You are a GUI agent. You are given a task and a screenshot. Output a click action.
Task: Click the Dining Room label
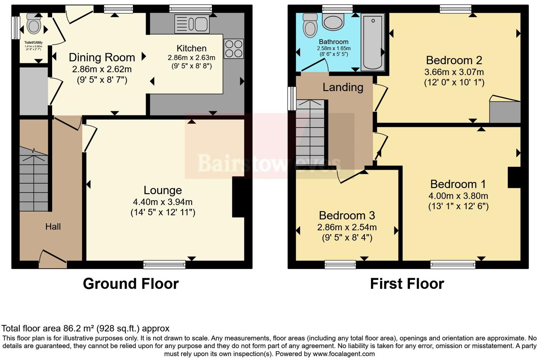tap(102, 57)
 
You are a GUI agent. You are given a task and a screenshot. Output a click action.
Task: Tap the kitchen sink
tap(192, 24)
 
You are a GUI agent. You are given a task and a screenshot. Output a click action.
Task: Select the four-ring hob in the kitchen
tap(234, 49)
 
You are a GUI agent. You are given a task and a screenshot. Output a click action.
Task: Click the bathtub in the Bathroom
tap(373, 42)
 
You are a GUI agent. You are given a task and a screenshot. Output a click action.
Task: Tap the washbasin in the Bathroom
tap(333, 22)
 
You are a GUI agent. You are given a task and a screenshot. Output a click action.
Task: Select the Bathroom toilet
tap(310, 25)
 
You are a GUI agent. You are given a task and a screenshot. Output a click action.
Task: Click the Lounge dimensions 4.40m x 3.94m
tap(162, 202)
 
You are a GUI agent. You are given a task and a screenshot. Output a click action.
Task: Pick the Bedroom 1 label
tap(458, 184)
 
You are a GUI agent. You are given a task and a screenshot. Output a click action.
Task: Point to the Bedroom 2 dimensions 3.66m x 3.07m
tap(454, 72)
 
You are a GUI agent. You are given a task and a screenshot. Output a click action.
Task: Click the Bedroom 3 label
tap(347, 215)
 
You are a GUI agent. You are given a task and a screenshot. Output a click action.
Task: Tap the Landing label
tap(343, 87)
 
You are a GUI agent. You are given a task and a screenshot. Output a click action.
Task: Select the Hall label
tap(53, 227)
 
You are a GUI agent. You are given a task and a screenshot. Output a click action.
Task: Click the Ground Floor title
tap(130, 284)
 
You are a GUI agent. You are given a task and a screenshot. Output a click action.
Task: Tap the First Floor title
tap(407, 284)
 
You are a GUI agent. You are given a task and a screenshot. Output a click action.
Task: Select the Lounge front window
tap(165, 264)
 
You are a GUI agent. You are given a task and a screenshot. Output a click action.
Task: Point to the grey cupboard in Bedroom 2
tap(505, 112)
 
